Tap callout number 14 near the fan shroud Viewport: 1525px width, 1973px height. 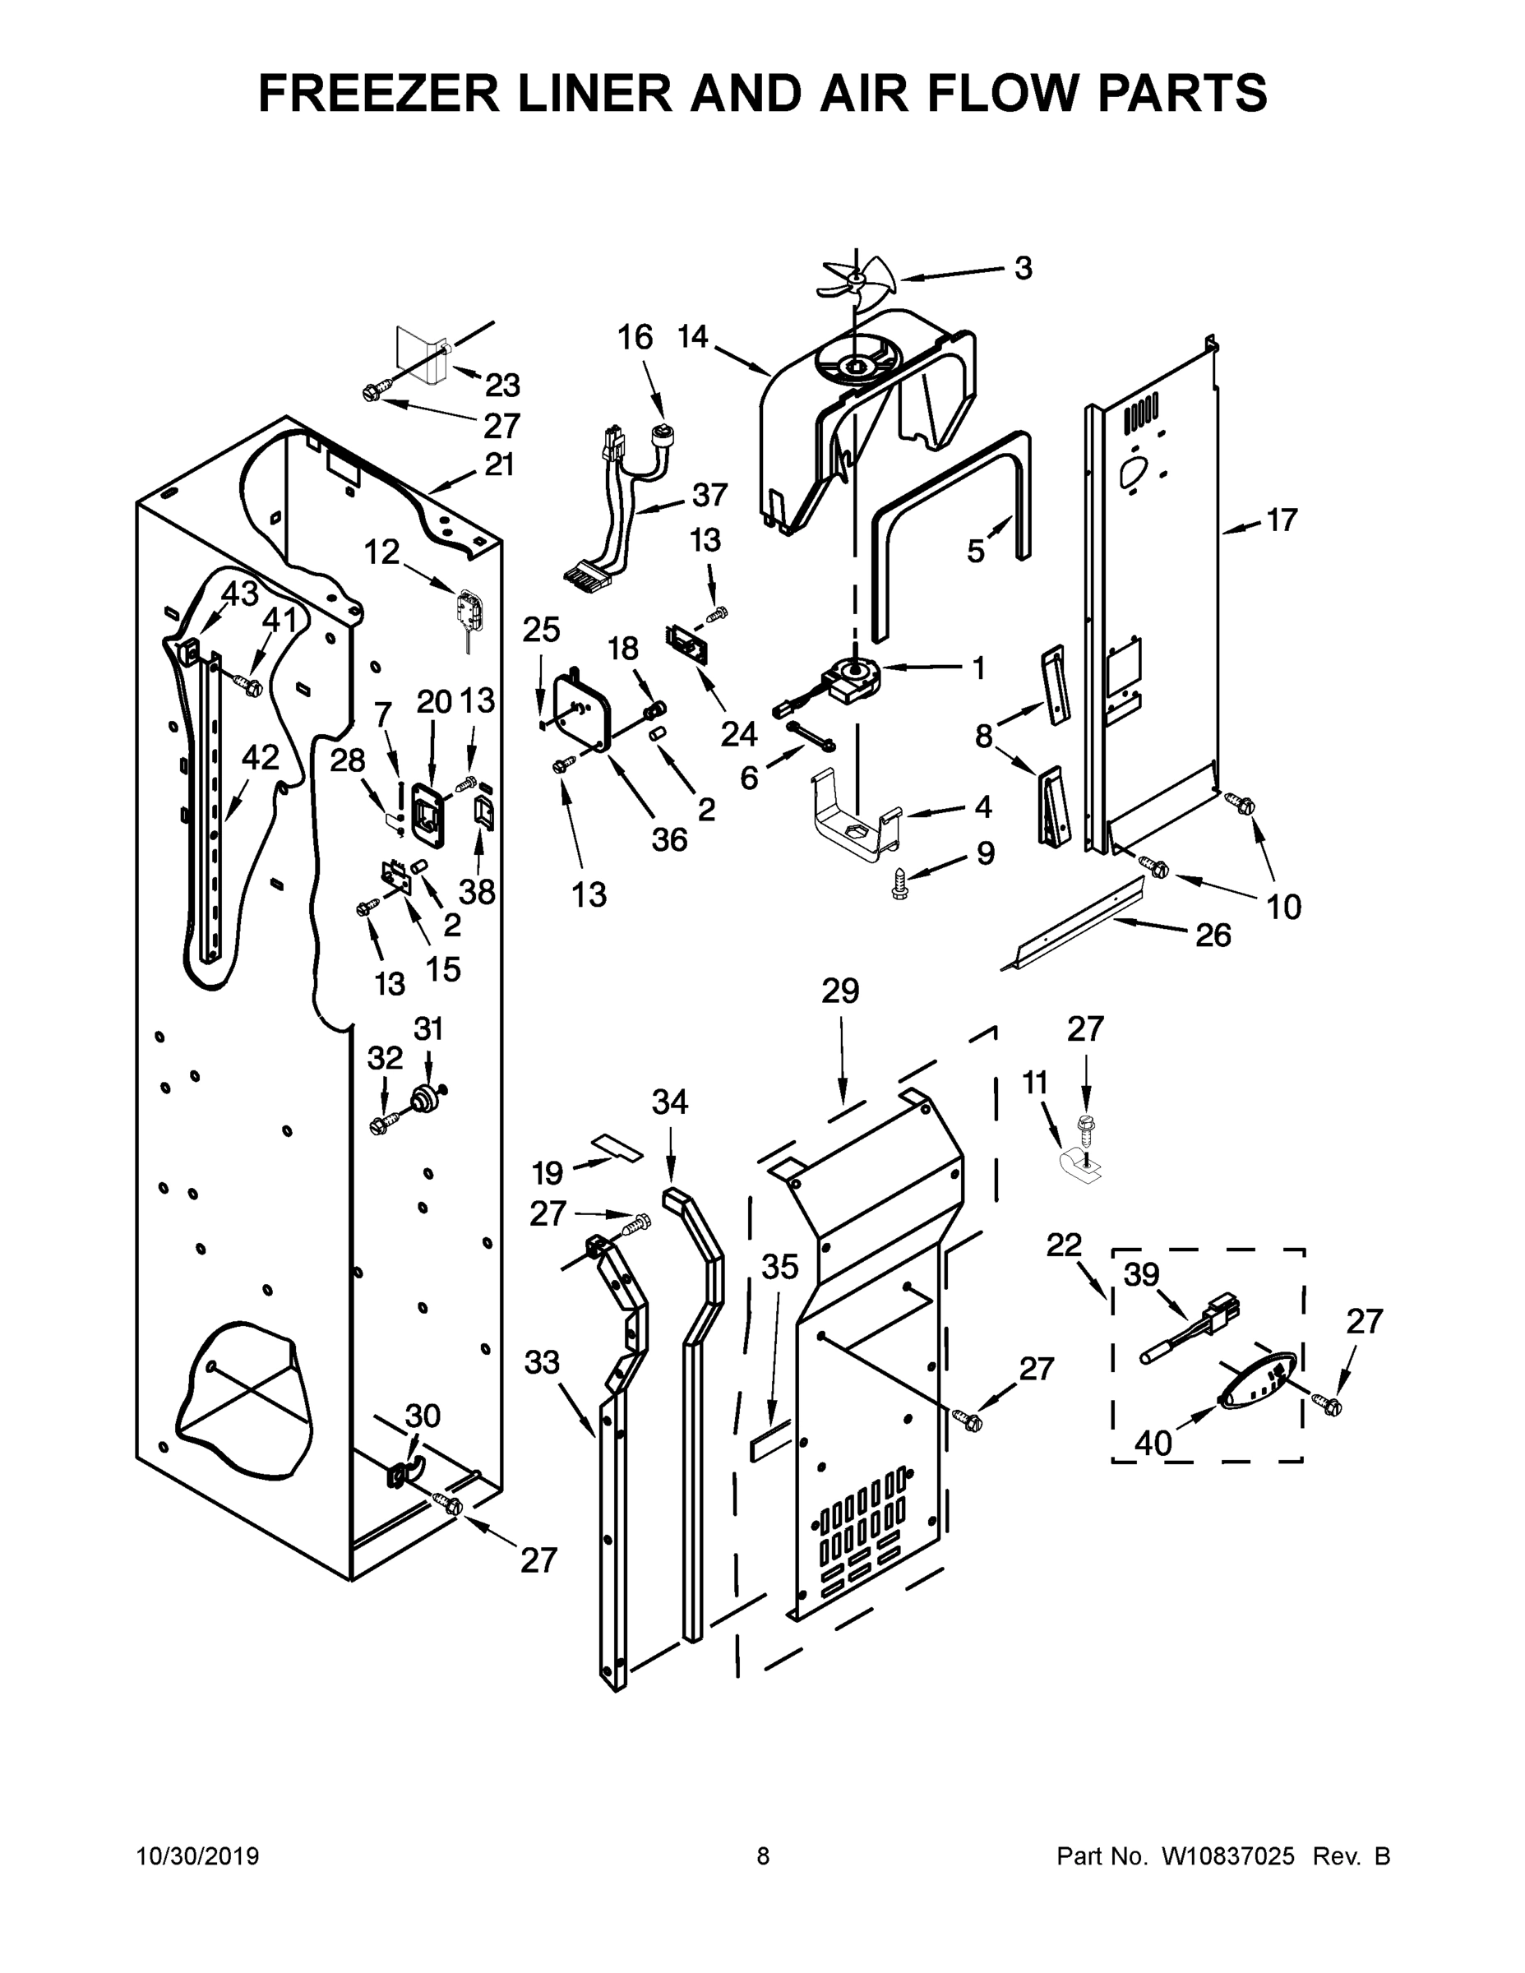click(693, 337)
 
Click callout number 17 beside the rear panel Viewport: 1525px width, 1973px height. click(1281, 520)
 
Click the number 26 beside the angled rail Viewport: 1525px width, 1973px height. click(1213, 935)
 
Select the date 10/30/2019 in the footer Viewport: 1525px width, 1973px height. click(198, 1856)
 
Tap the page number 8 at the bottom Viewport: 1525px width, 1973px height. click(764, 1856)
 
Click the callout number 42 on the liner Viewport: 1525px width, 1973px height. click(260, 757)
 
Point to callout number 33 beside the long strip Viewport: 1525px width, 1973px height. click(542, 1362)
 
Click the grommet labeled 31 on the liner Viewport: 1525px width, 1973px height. click(421, 1099)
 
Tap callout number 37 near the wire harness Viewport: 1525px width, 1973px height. click(710, 495)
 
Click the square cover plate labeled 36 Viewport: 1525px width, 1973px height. click(580, 709)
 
